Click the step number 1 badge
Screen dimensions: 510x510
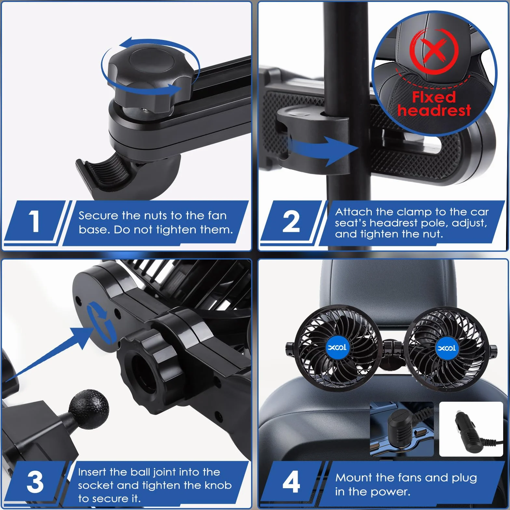(34, 221)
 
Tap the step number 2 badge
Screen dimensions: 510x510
(291, 221)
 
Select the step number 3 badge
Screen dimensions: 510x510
(35, 482)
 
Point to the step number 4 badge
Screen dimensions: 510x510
(291, 482)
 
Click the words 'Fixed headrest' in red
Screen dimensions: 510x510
(434, 103)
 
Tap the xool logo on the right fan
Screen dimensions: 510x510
(447, 348)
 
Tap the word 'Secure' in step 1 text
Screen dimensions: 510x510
(98, 215)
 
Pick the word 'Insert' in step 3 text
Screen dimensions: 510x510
(92, 472)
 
